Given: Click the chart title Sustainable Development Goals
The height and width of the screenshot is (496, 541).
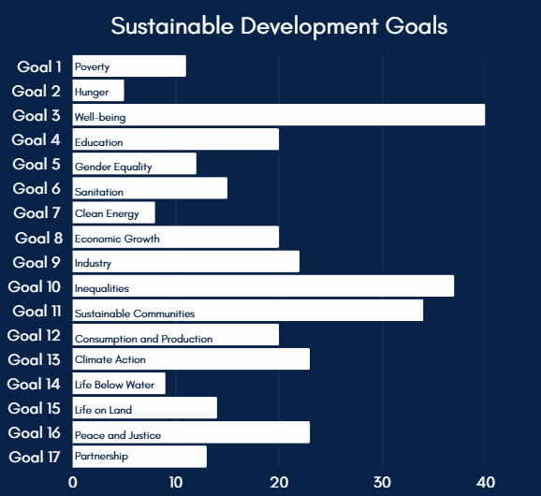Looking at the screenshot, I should click(279, 25).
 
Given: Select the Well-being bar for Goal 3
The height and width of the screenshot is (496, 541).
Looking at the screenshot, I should click(279, 115).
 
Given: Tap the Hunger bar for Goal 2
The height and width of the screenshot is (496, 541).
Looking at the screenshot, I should click(98, 91).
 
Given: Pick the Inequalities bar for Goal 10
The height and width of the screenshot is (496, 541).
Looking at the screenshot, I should click(263, 286).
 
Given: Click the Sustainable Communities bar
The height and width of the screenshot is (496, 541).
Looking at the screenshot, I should click(248, 311).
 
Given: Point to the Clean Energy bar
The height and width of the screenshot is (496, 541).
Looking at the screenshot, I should click(114, 212).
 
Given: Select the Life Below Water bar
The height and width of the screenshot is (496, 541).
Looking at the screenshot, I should click(119, 384).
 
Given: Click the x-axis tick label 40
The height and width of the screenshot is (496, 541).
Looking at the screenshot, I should click(485, 482).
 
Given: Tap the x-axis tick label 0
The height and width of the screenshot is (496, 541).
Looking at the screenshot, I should click(73, 482).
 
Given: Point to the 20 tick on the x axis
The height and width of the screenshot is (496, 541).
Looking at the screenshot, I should click(279, 482).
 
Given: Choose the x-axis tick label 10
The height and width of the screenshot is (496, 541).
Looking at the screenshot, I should click(176, 482).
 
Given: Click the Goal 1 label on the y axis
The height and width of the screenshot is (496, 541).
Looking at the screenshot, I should click(39, 66).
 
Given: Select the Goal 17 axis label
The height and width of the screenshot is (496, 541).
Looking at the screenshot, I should click(35, 457).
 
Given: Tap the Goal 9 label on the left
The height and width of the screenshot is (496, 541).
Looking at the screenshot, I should click(38, 262).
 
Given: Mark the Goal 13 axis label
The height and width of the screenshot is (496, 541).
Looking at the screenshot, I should click(35, 359).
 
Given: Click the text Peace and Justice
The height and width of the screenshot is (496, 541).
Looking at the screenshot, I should click(118, 435).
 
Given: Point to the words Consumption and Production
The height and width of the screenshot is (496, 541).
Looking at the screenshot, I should click(143, 339).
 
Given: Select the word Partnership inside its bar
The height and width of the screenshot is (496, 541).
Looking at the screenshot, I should click(101, 456).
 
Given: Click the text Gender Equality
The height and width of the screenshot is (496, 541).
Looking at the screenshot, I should click(113, 167).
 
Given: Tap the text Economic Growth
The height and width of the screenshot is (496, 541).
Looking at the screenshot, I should click(117, 239).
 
